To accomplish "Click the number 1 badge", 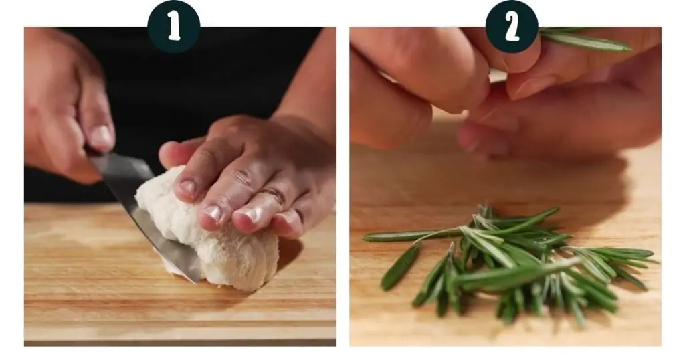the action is tap(174, 26).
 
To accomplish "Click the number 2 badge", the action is tap(512, 26).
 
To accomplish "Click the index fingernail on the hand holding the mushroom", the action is tap(187, 188).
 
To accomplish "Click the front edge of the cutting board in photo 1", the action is tap(180, 333).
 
